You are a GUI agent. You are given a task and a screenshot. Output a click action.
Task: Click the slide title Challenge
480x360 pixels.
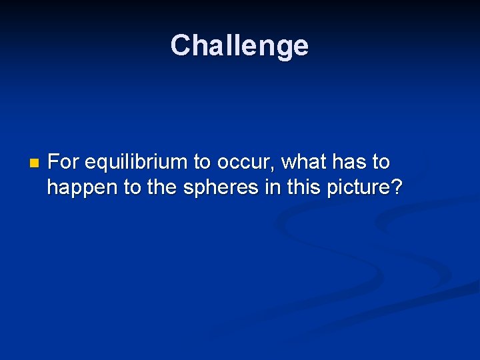pos(239,46)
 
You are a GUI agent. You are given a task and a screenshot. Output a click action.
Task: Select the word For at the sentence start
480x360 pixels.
pos(64,162)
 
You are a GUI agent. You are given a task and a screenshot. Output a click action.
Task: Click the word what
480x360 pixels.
pos(303,162)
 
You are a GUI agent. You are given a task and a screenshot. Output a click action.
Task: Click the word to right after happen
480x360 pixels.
pos(132,189)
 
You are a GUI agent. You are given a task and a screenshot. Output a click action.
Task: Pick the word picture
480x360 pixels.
pos(357,189)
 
